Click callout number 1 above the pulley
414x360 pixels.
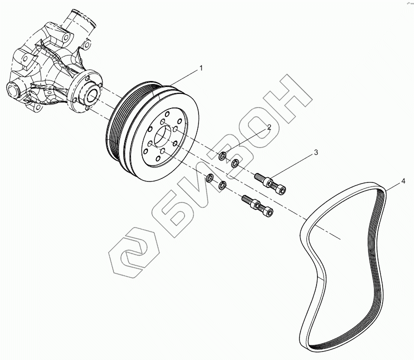pyautogui.click(x=201, y=67)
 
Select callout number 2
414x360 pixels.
pyautogui.click(x=268, y=127)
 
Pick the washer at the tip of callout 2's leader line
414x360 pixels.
pyautogui.click(x=223, y=156)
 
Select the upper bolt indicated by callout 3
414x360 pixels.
pyautogui.click(x=269, y=183)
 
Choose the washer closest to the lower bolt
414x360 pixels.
pyautogui.click(x=222, y=186)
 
